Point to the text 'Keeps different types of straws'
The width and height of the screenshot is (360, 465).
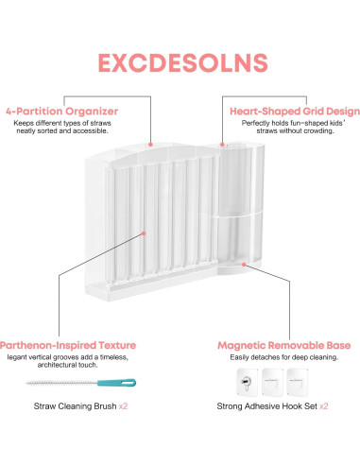pyautogui.click(x=57, y=123)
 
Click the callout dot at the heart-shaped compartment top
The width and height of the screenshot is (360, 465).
pyautogui.click(x=224, y=145)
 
